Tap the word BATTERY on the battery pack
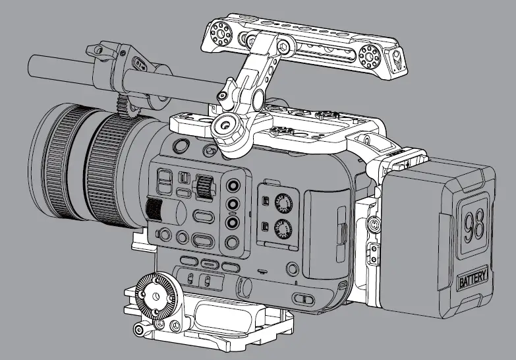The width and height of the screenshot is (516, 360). tap(474, 280)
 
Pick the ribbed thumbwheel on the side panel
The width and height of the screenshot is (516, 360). tap(205, 187)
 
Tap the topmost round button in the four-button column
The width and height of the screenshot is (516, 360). tap(232, 186)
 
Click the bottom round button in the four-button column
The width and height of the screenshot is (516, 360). tap(232, 242)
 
